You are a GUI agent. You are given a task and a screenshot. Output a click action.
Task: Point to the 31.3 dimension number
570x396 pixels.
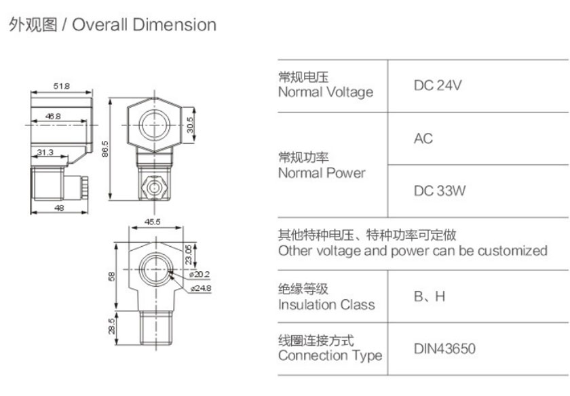tap(45, 152)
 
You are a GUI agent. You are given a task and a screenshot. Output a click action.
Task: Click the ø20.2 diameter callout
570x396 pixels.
tap(202, 275)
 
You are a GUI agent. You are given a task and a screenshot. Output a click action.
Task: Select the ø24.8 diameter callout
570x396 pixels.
tap(202, 288)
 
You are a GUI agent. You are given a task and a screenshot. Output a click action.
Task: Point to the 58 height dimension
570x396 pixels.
tap(112, 275)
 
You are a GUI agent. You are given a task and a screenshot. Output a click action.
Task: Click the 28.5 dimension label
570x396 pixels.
tap(112, 327)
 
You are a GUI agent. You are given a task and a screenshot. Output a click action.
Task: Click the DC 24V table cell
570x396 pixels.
tap(438, 86)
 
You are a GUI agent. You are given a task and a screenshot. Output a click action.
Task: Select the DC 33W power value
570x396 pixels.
tap(440, 191)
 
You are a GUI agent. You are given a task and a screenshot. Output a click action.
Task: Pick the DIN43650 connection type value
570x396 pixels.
tap(444, 349)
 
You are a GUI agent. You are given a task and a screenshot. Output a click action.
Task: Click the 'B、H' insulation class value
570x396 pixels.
tap(430, 296)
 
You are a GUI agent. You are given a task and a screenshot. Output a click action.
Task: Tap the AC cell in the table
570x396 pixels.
tap(423, 139)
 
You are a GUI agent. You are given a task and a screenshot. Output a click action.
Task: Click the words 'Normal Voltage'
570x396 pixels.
tap(326, 92)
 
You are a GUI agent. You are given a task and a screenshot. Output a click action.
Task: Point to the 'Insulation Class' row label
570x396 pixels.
tap(326, 304)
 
